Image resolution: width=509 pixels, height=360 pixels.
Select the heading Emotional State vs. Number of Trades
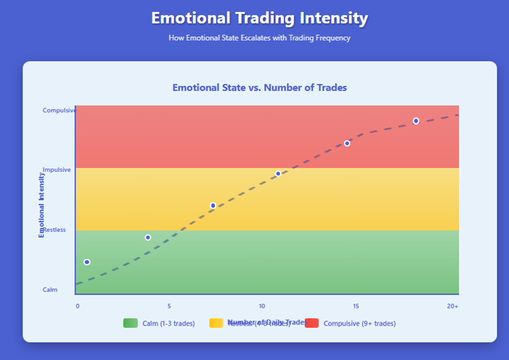tap(260, 88)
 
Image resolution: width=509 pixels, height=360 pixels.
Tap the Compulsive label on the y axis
tap(59, 110)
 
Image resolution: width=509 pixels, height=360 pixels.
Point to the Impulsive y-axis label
tap(57, 170)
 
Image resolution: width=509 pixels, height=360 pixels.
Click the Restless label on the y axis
tap(54, 230)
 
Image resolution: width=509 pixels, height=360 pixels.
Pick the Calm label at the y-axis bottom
tap(50, 290)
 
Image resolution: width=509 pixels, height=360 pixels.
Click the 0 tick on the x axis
tap(78, 306)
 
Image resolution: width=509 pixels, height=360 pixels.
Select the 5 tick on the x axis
tap(169, 306)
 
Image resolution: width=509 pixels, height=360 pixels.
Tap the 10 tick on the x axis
tap(262, 306)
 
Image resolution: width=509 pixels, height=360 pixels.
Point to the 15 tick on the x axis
tap(356, 306)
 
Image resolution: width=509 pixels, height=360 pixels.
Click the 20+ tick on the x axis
tap(452, 306)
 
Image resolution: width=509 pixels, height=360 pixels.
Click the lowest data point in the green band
tap(87, 262)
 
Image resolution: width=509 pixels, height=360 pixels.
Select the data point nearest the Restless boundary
tap(148, 237)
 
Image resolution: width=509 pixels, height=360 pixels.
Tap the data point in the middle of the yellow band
tap(213, 205)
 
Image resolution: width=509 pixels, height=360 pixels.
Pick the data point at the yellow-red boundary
tap(278, 174)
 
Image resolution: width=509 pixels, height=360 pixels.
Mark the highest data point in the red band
tap(416, 121)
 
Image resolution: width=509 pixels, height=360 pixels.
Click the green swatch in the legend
tap(131, 323)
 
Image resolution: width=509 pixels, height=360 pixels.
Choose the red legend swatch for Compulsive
tap(312, 323)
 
